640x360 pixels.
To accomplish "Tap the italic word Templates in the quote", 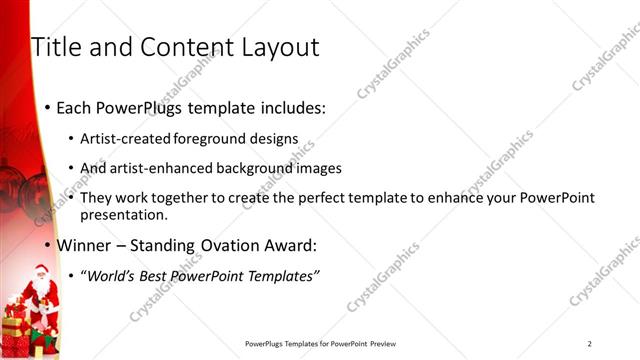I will coord(284,276).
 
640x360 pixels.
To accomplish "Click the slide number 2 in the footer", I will coord(590,344).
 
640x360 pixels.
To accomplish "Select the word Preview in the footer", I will coord(388,344).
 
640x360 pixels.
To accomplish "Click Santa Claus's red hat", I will coord(39,267).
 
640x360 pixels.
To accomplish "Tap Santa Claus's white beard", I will coord(41,287).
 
